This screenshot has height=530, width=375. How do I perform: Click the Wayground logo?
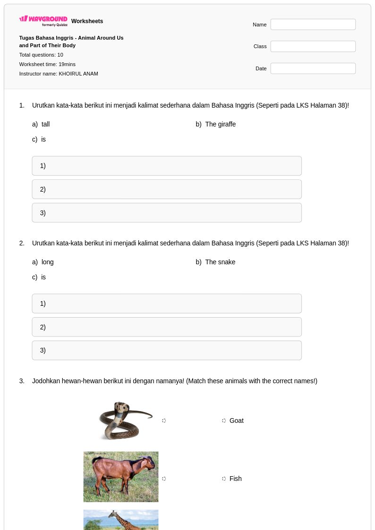tap(43, 20)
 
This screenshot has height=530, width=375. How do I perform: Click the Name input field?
tap(313, 25)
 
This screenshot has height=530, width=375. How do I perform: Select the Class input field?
tap(313, 46)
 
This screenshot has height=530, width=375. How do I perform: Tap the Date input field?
tap(313, 68)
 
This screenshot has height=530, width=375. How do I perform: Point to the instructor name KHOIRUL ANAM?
tap(78, 74)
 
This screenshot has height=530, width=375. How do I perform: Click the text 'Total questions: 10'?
tap(41, 55)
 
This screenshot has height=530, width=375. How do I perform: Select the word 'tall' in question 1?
tap(46, 124)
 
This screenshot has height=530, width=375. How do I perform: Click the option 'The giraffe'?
tap(221, 124)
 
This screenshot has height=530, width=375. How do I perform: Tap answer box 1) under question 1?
tap(167, 166)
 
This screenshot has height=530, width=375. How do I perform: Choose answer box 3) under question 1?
tap(167, 212)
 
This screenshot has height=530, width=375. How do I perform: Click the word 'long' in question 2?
tap(48, 262)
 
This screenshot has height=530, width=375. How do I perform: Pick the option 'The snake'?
tap(220, 262)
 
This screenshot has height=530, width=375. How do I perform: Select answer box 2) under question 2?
tap(167, 327)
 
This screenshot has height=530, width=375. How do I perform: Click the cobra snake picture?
tap(125, 421)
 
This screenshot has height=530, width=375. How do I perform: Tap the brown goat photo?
tap(121, 477)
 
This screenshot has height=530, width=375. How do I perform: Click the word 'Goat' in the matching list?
tap(236, 421)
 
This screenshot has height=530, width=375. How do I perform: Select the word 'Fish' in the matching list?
tap(235, 479)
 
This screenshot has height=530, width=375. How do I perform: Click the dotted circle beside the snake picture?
tap(164, 421)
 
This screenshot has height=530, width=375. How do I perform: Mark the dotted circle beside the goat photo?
tap(164, 479)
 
